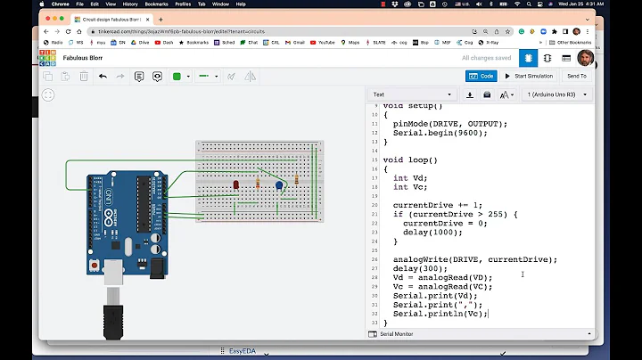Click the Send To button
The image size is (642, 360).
(576, 76)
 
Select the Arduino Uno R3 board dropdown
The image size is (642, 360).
(561, 94)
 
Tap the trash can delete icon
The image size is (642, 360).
(83, 77)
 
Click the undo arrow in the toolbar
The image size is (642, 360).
(103, 77)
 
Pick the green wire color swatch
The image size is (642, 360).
(177, 77)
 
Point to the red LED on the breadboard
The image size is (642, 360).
(235, 184)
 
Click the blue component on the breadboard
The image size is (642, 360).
(279, 185)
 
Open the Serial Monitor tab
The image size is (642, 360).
(398, 334)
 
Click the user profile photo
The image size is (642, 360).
(586, 58)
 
